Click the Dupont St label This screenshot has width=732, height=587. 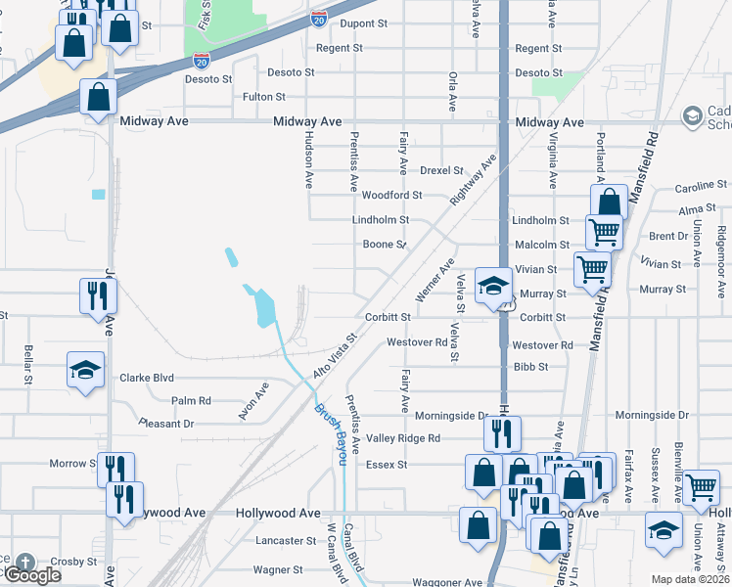pyautogui.click(x=363, y=23)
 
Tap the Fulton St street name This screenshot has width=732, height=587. pyautogui.click(x=264, y=97)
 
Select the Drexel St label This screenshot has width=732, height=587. pyautogui.click(x=441, y=170)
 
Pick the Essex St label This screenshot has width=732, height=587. pyautogui.click(x=386, y=465)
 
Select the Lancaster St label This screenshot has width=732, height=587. pyautogui.click(x=279, y=540)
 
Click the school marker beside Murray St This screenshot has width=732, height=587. pyautogui.click(x=493, y=286)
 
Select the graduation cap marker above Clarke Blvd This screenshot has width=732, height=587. pyautogui.click(x=85, y=371)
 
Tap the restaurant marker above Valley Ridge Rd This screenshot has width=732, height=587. pyautogui.click(x=502, y=431)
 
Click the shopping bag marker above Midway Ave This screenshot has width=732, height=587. pyautogui.click(x=98, y=97)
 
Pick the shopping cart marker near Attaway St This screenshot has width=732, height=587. pyautogui.click(x=702, y=486)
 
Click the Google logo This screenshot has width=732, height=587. pyautogui.click(x=31, y=574)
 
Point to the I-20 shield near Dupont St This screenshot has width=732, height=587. pyautogui.click(x=319, y=19)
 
